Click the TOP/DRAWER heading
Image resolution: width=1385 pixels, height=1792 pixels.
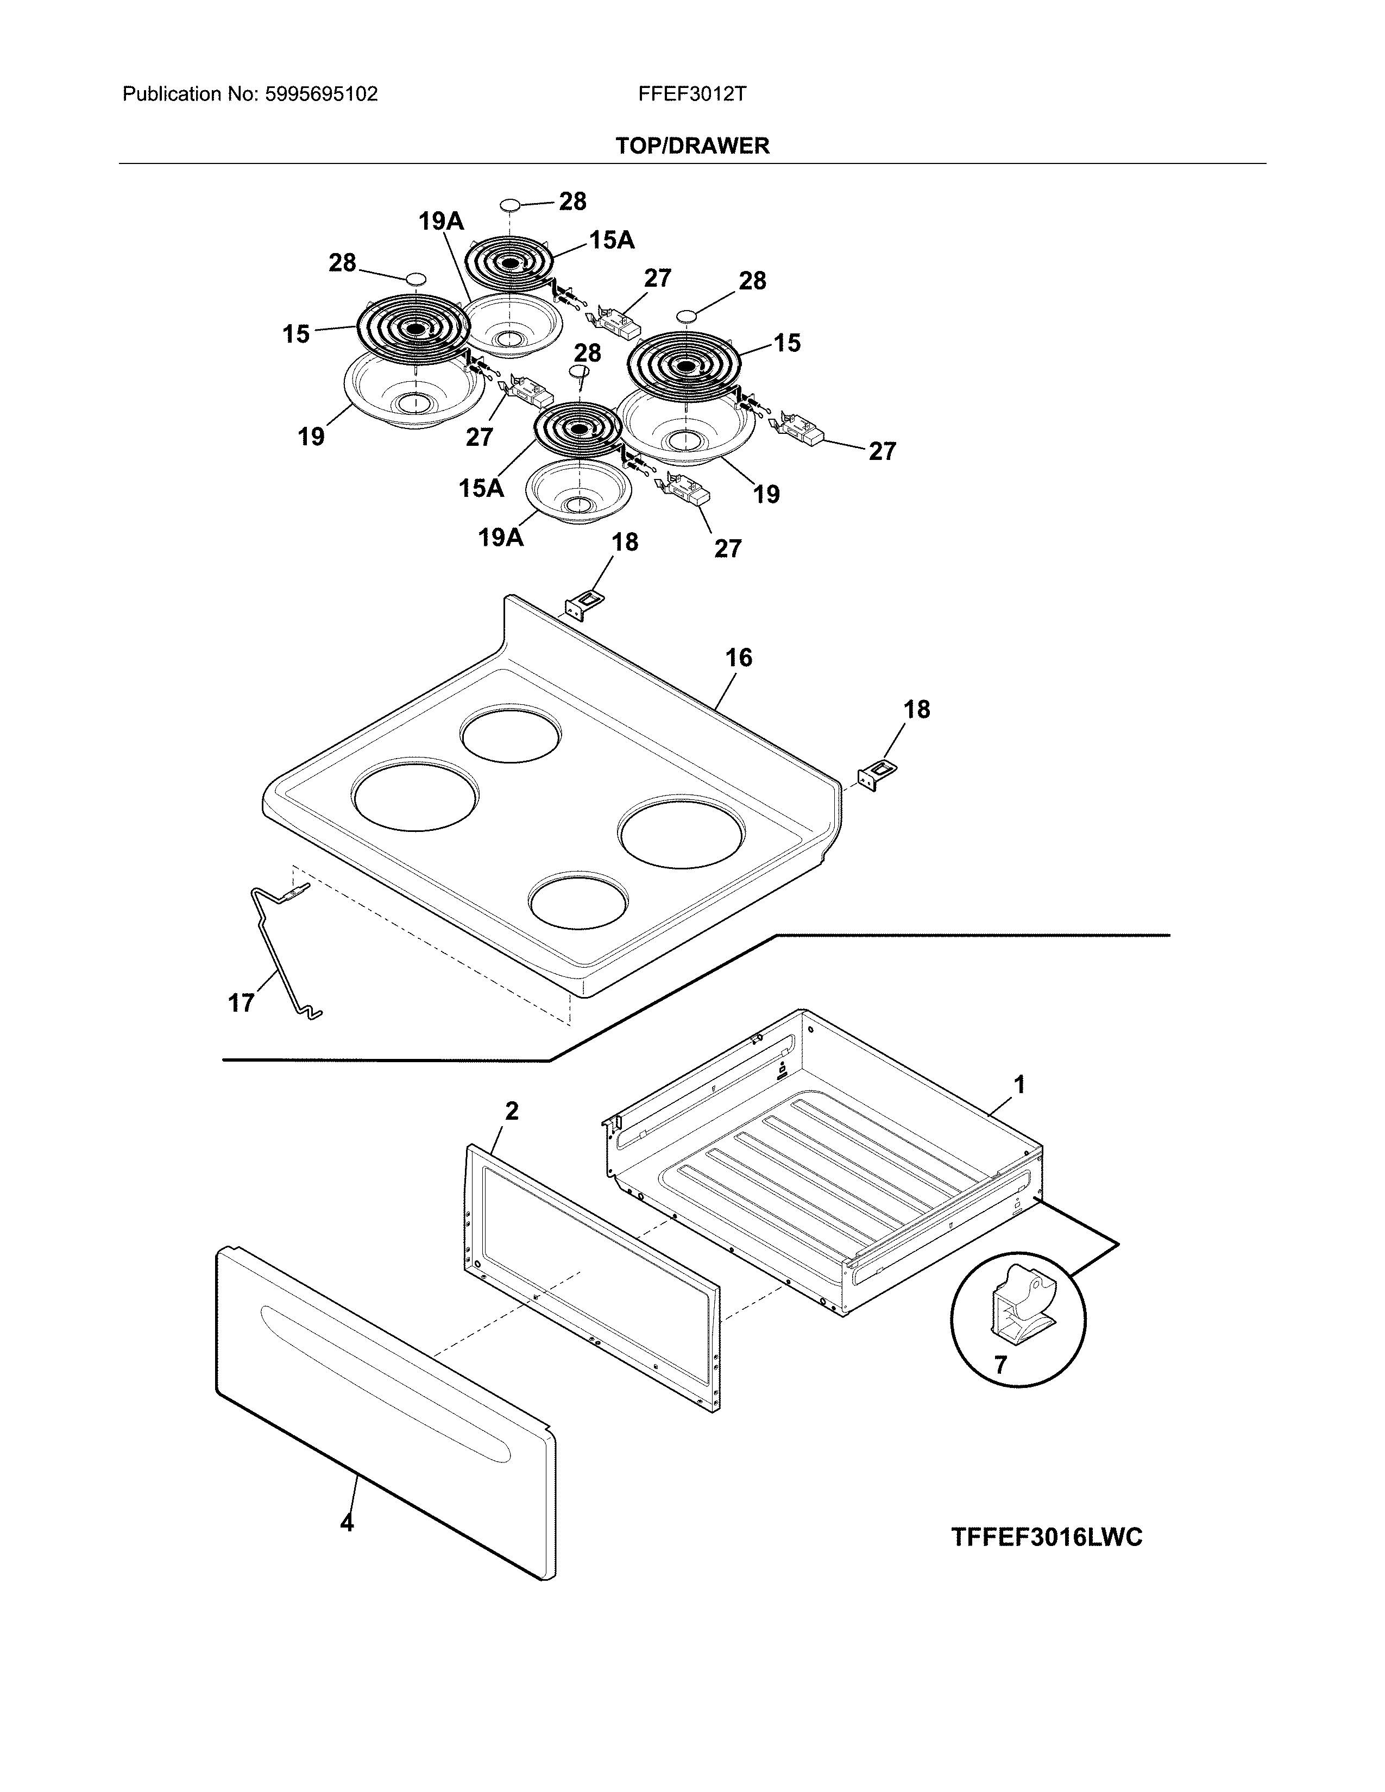pos(691,146)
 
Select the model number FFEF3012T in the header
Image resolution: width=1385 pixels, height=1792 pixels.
pos(691,94)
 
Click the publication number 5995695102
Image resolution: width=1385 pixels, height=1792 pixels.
pos(322,94)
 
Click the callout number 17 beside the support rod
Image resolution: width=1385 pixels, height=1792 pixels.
pos(241,1002)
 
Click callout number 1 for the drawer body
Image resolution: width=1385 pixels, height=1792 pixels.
pos(1019,1085)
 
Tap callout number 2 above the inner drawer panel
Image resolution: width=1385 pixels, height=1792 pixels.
pos(511,1111)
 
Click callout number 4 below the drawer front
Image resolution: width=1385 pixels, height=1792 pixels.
pos(347,1523)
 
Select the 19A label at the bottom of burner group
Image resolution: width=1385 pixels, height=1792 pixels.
pos(501,538)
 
